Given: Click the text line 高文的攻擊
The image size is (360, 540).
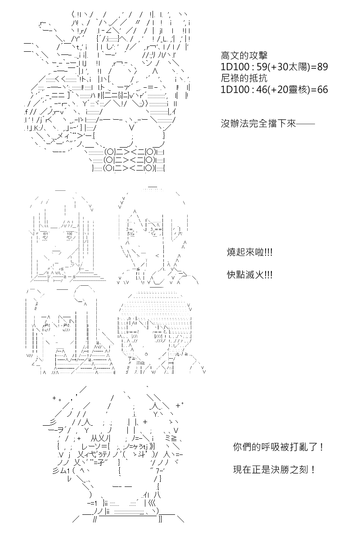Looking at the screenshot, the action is tap(244, 56).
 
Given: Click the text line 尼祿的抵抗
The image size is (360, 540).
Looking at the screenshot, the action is tap(244, 78).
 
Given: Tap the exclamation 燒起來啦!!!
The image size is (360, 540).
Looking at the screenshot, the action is tap(250, 252).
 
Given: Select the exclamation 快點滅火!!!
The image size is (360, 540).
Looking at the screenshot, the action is tap(250, 274).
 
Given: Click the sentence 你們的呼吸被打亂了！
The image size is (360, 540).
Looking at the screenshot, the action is tap(279, 447).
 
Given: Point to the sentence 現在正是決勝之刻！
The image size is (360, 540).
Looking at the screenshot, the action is tap(274, 469).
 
